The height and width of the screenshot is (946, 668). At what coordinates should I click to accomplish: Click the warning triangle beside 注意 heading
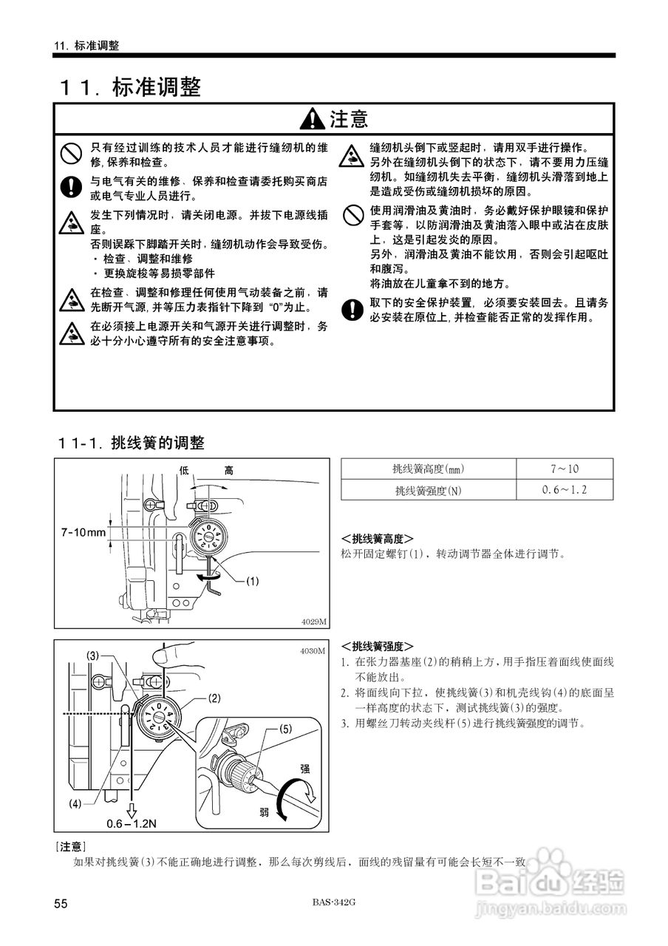pos(313,118)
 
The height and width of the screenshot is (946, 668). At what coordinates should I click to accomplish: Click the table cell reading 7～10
pos(565,469)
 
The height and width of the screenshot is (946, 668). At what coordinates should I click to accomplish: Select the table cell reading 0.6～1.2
pos(565,489)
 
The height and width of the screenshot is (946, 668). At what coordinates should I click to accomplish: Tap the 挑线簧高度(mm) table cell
pos(429,469)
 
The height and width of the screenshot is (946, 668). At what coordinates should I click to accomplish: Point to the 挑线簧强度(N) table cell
pos(429,490)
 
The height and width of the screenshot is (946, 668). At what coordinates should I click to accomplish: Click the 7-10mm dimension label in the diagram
pos(83,531)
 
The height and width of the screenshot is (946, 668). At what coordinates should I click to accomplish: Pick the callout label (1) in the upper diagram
pos(252,581)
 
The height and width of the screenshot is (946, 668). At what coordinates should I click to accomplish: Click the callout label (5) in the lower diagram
pos(287,728)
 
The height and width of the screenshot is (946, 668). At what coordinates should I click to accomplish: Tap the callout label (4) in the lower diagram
pos(76,803)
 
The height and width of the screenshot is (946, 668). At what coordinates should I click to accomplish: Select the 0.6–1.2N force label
pos(132,823)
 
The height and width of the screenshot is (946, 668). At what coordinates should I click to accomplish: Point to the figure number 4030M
pos(313,651)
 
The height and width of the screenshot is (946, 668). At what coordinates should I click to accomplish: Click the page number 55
pos(61,904)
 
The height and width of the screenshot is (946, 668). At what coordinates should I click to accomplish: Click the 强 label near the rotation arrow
pos(305,769)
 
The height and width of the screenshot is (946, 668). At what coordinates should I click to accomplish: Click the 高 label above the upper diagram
pos(230,470)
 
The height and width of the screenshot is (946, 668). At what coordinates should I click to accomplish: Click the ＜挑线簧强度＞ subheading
pos(377,645)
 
